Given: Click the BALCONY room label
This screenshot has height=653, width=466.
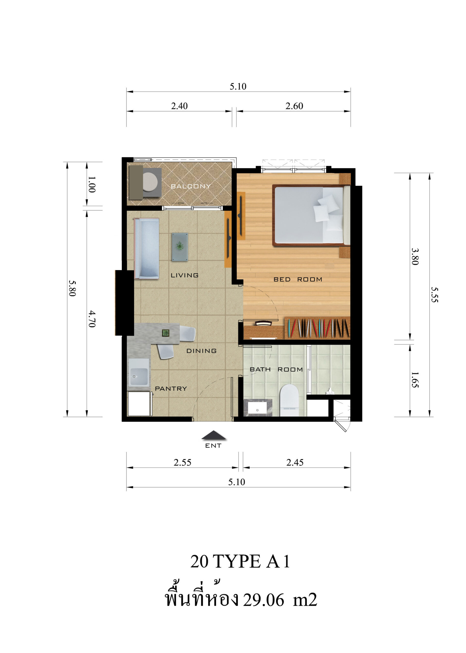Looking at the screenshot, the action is pyautogui.click(x=191, y=186).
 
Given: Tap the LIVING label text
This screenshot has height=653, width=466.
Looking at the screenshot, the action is pyautogui.click(x=185, y=275).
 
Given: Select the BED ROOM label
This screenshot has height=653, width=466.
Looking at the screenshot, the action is pyautogui.click(x=298, y=279).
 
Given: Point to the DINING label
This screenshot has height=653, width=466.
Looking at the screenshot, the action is pyautogui.click(x=201, y=351).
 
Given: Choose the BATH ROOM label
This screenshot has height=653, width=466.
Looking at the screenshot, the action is pyautogui.click(x=276, y=369).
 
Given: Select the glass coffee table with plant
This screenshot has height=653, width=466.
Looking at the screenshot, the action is pyautogui.click(x=180, y=247).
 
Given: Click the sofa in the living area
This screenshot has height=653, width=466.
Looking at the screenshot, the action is pyautogui.click(x=146, y=248).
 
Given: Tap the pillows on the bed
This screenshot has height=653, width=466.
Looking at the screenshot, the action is pyautogui.click(x=328, y=212).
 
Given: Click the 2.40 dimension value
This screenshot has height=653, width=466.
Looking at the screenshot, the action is pyautogui.click(x=179, y=106).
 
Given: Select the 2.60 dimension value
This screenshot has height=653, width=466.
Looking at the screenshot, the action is pyautogui.click(x=294, y=106).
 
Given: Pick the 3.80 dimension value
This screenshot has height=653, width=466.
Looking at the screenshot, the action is pyautogui.click(x=415, y=256).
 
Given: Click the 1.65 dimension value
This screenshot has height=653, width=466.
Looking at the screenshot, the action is pyautogui.click(x=415, y=380).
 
